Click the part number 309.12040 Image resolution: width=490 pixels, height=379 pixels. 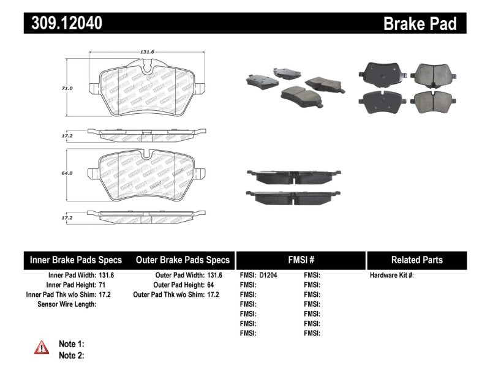[63, 23]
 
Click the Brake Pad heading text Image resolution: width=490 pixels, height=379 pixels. [420, 23]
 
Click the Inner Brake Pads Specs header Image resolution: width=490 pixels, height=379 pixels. [76, 260]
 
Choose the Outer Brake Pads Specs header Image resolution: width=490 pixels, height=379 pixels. [182, 260]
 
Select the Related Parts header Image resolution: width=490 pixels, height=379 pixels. [417, 260]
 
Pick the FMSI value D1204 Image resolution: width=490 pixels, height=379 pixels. [268, 276]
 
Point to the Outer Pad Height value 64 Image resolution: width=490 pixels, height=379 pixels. [211, 285]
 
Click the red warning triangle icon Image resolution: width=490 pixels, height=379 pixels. [42, 347]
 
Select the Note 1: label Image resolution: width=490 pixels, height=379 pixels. [71, 344]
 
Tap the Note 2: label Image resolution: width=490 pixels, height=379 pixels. [71, 355]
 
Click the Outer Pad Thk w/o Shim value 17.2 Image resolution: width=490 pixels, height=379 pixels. [213, 295]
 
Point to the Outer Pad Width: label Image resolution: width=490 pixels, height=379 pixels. [178, 276]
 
